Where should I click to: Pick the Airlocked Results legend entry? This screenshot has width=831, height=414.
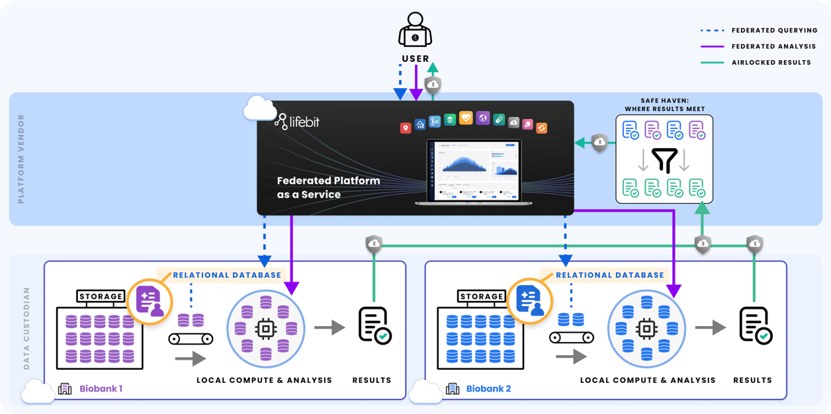pos(770,62)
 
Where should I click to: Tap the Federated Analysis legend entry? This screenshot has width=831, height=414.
pos(773,46)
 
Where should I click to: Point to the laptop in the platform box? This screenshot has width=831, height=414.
pos(474,171)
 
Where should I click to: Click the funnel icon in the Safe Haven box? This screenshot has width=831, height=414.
pos(664,160)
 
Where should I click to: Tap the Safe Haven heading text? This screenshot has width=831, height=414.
pos(664,104)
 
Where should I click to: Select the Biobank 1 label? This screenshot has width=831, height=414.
pos(101,389)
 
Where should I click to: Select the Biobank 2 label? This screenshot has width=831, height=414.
pos(488,389)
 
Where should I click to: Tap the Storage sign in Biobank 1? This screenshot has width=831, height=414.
pos(101,296)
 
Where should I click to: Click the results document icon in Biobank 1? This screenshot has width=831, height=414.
pos(374,325)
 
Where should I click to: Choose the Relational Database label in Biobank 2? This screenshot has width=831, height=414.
pos(609,275)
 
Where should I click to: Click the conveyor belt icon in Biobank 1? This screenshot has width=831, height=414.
pos(191,339)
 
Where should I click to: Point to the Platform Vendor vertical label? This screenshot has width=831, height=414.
pos(21,159)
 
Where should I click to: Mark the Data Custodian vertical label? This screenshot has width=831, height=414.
pos(26,328)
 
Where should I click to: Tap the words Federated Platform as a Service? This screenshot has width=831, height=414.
pos(328,187)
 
